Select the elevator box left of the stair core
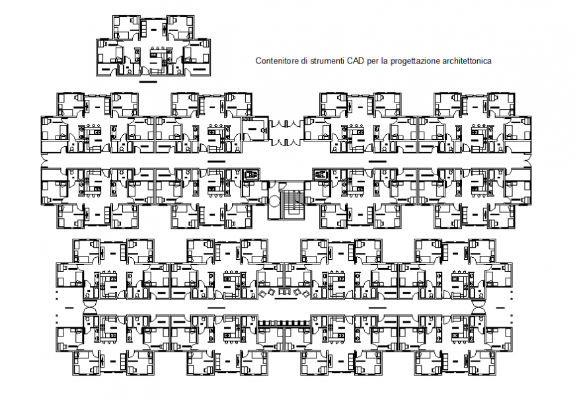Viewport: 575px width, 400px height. pyautogui.click(x=250, y=175)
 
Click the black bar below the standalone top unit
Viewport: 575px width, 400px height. pyautogui.click(x=149, y=83)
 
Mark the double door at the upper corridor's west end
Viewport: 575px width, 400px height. pyautogui.click(x=45, y=161)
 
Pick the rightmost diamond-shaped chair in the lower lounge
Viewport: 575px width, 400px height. pyautogui.click(x=307, y=293)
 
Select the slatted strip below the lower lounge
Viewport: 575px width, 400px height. pyautogui.click(x=284, y=323)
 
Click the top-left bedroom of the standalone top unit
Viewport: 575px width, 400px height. pyautogui.click(x=124, y=28)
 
